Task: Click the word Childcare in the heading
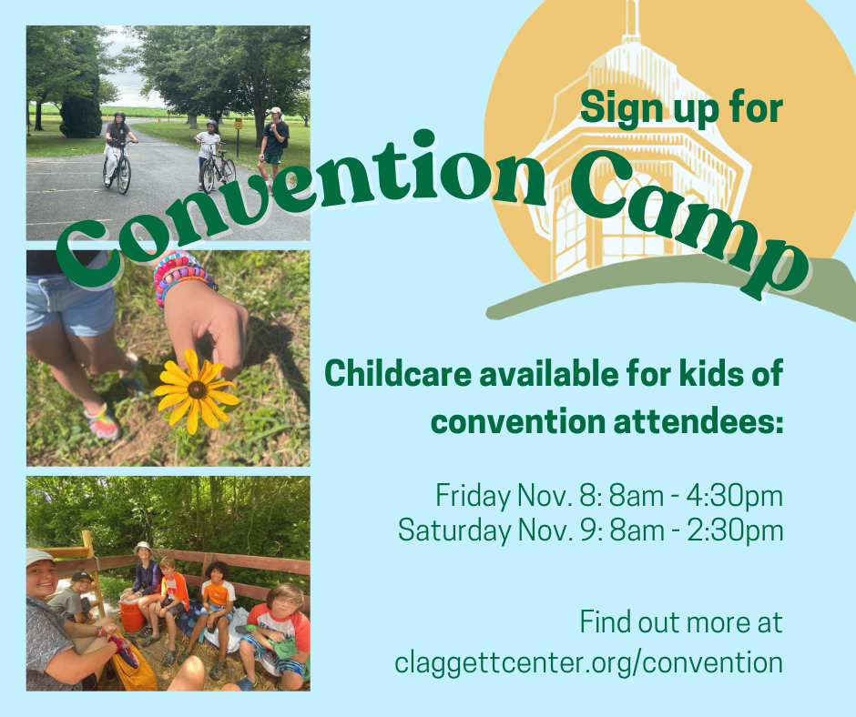398,374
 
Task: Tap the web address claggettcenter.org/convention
588,661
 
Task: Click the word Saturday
454,530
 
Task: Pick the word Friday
473,496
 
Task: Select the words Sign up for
681,108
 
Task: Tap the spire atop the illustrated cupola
632,21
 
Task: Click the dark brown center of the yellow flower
196,389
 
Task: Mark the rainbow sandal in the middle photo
103,421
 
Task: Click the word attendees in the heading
698,422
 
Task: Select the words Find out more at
681,621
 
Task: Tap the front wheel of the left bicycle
124,175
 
